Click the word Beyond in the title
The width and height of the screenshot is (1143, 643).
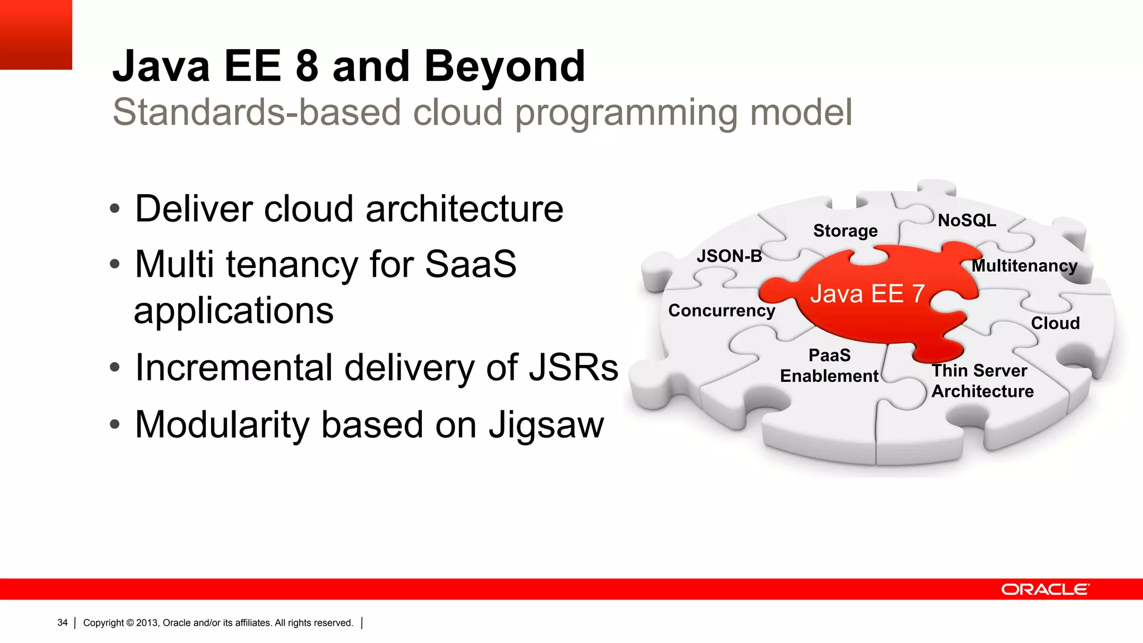click(x=505, y=66)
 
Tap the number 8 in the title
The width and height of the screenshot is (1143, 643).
click(x=306, y=66)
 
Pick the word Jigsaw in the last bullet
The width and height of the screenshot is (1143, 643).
click(x=546, y=425)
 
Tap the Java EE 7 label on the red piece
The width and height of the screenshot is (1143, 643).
click(x=867, y=294)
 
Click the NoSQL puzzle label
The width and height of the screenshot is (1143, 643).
click(x=967, y=220)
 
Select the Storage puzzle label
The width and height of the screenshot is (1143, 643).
click(x=845, y=231)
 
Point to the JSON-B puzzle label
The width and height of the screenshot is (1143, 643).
click(x=729, y=256)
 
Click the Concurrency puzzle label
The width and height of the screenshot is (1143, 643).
click(x=722, y=310)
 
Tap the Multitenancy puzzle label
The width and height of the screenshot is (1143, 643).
click(x=1024, y=266)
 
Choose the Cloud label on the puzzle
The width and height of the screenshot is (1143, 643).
click(x=1055, y=323)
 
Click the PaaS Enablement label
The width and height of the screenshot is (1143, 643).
click(x=829, y=366)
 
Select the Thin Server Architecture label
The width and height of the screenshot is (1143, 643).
click(x=982, y=381)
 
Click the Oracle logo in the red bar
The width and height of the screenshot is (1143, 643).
click(x=1045, y=589)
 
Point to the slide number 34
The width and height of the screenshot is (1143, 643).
click(x=63, y=623)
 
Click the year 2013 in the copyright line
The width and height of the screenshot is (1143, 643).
click(x=147, y=623)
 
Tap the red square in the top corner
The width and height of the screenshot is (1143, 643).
click(x=36, y=34)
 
